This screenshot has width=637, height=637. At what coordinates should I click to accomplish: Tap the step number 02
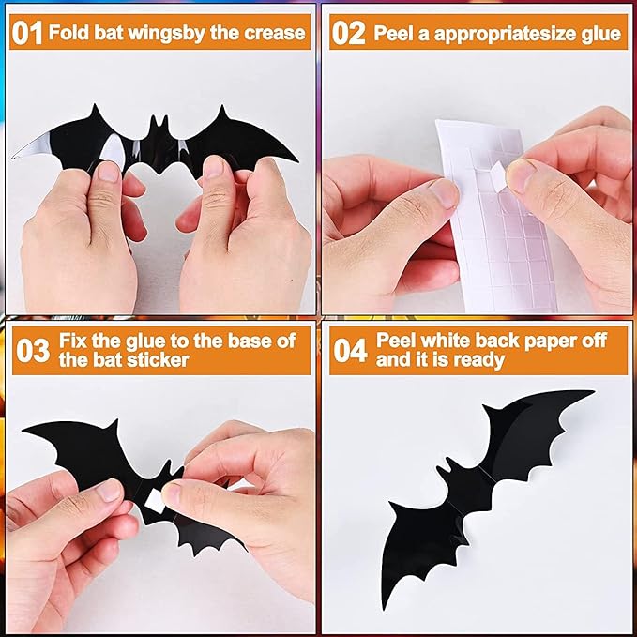click(x=349, y=34)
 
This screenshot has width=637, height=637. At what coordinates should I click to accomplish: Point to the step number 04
click(x=349, y=350)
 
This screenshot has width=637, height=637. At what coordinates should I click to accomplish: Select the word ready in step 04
click(x=478, y=360)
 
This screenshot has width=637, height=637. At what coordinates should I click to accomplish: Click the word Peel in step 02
click(x=393, y=34)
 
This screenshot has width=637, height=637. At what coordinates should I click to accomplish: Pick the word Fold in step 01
click(x=68, y=34)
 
